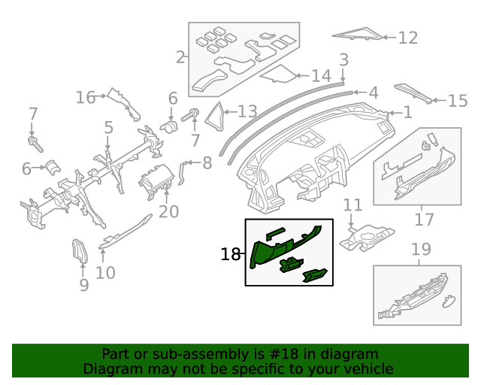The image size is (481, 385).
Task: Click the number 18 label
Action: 230,255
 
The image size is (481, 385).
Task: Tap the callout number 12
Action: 407,37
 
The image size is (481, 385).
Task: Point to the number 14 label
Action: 321,75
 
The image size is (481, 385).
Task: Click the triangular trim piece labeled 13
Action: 219,112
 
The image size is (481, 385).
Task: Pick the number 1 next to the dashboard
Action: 407,113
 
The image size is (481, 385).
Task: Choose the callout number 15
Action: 457,100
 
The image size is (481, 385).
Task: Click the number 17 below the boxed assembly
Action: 424,219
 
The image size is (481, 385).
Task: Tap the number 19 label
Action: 421,249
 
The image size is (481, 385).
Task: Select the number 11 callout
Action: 352,205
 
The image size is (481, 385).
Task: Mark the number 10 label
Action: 105,271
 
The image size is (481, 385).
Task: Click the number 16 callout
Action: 86,97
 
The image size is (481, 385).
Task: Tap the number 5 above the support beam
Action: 108,128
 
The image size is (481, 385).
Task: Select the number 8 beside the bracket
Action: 207,162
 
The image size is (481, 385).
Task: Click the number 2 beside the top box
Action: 180,56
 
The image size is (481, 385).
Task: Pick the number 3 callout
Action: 343,59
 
